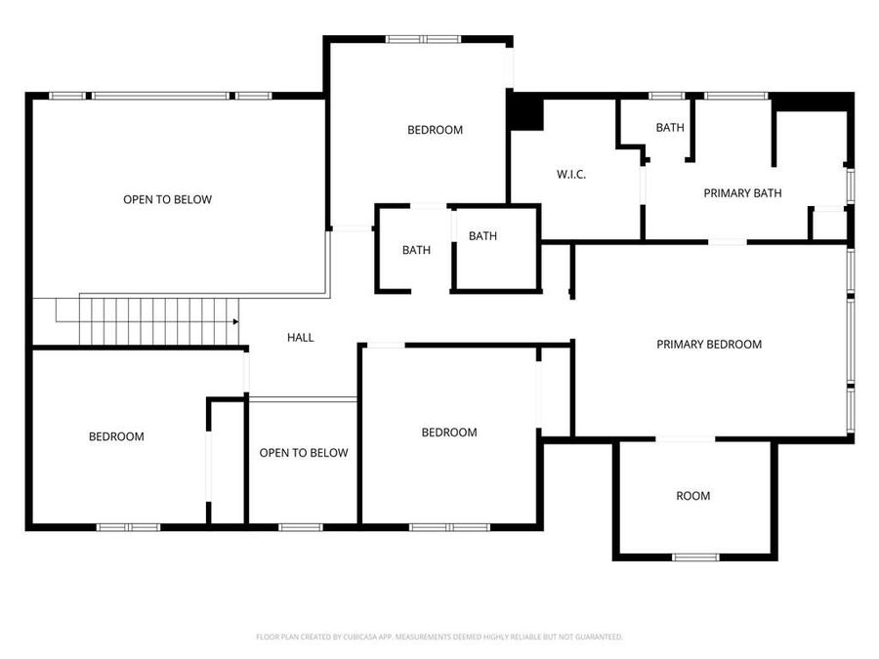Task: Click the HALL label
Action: (x=300, y=337)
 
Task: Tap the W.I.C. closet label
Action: (x=571, y=175)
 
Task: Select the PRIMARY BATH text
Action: (x=742, y=193)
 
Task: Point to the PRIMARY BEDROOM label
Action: (x=708, y=344)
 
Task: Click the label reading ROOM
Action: (x=692, y=496)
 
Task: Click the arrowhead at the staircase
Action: (x=235, y=321)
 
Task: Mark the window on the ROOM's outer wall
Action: (x=695, y=557)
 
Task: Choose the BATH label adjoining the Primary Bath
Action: (x=669, y=128)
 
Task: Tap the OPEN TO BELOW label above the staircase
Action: (x=167, y=199)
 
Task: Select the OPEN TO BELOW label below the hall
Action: (x=303, y=453)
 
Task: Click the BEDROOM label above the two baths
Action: (x=435, y=130)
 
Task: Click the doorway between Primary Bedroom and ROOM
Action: (x=685, y=439)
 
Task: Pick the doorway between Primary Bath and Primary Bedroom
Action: (x=728, y=241)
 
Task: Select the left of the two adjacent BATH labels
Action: (x=416, y=250)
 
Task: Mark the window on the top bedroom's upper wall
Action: (x=422, y=39)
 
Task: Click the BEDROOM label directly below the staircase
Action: (x=116, y=436)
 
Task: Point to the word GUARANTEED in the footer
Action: (x=598, y=637)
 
